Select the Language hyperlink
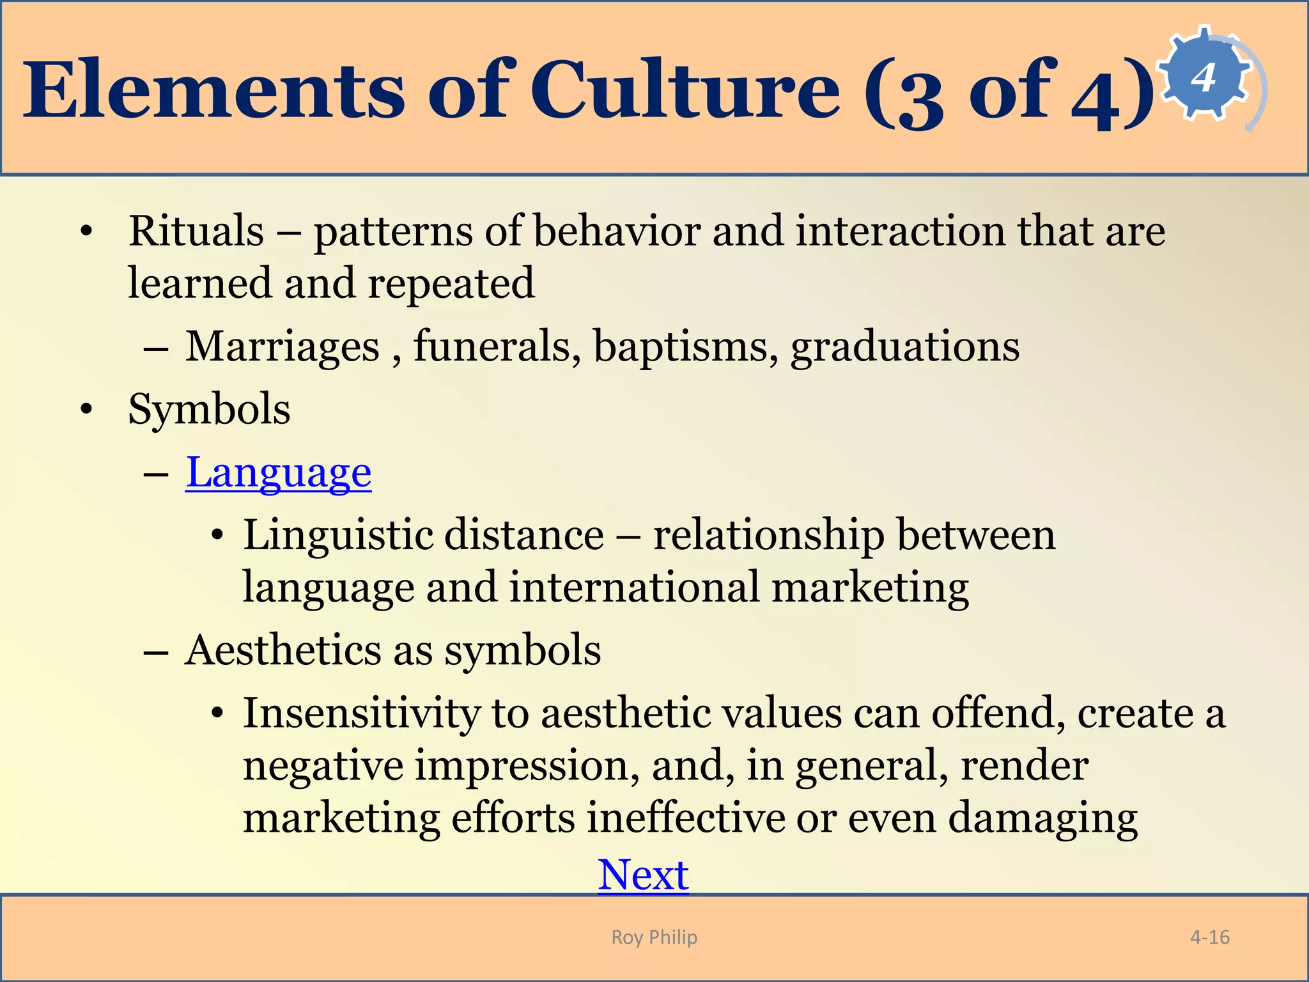pyautogui.click(x=279, y=473)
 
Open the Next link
pyautogui.click(x=643, y=875)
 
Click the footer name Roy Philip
pyautogui.click(x=654, y=937)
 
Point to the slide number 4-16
pyautogui.click(x=1209, y=937)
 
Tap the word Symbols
pyautogui.click(x=209, y=409)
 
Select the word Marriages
pyautogui.click(x=283, y=347)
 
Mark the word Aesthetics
pyautogui.click(x=283, y=651)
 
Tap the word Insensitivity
pyautogui.click(x=361, y=713)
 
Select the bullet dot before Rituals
pyautogui.click(x=87, y=232)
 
